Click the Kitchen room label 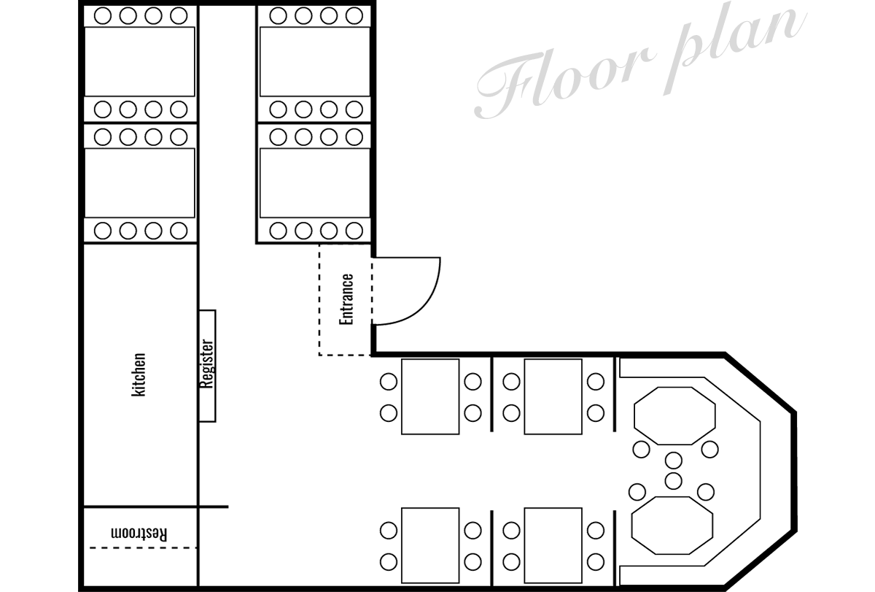tap(138, 375)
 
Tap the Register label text tap(206, 365)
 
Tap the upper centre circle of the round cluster tap(673, 461)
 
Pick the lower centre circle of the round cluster tap(673, 480)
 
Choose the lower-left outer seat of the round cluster tap(638, 489)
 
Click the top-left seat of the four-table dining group tap(389, 380)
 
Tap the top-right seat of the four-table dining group tap(596, 380)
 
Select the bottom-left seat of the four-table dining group tap(389, 559)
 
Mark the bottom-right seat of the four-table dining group tap(596, 559)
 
